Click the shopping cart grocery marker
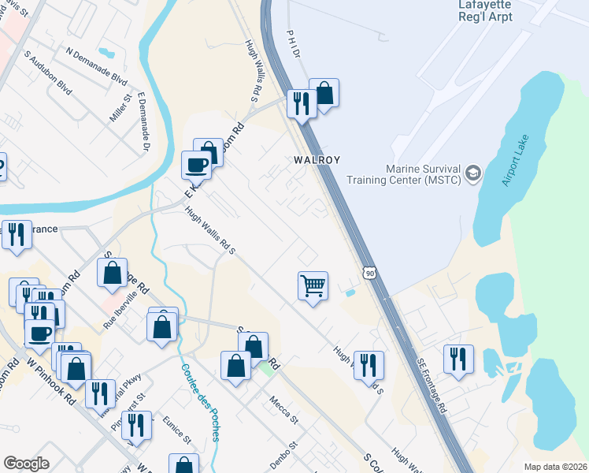tap(313, 286)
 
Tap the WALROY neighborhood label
tap(317, 159)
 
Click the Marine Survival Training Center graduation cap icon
tap(472, 173)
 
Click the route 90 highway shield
tap(369, 273)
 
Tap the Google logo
tap(26, 464)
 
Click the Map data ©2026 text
tap(554, 467)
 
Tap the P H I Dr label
tap(294, 44)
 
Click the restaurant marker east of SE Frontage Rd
tap(457, 359)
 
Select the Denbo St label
tap(283, 456)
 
